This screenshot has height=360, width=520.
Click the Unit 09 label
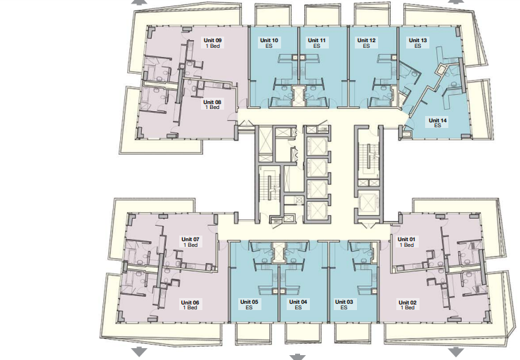(213, 43)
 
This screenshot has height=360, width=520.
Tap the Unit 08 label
(212, 105)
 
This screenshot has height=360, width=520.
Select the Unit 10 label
(269, 43)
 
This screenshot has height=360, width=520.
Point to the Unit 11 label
(317, 43)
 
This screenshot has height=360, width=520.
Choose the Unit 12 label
(366, 43)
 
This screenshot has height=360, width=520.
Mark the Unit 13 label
(417, 43)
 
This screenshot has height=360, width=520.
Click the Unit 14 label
(437, 123)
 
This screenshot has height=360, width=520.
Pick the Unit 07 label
(190, 242)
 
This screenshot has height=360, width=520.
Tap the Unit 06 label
(190, 305)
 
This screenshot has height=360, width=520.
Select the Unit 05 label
(249, 304)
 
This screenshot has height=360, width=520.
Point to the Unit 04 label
(298, 304)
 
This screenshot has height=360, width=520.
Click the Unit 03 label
(344, 304)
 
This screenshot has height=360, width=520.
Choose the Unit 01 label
(406, 242)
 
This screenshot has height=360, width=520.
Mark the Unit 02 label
(408, 305)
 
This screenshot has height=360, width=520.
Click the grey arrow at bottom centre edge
(297, 357)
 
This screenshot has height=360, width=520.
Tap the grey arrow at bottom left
(139, 352)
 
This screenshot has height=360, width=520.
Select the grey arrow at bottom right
(456, 352)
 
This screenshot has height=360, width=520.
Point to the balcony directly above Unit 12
(368, 15)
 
